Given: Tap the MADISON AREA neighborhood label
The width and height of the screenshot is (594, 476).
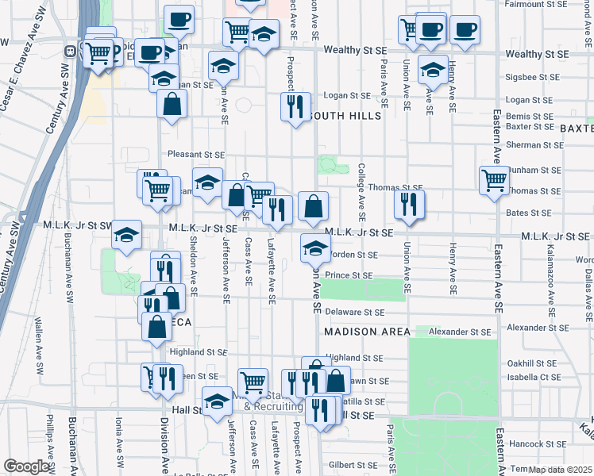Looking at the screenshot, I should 367,332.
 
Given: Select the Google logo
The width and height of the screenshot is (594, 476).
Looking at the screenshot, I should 26,466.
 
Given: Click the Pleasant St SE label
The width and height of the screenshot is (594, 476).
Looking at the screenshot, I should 195,155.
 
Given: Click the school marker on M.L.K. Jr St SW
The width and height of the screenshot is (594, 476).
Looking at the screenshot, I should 126,235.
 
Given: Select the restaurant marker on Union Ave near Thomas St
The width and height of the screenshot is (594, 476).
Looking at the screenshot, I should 409,205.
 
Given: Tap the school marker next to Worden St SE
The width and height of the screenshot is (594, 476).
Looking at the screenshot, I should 315,248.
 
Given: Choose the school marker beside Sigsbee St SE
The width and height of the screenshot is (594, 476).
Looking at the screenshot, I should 432,69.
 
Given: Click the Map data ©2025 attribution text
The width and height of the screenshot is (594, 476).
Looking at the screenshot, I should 560,469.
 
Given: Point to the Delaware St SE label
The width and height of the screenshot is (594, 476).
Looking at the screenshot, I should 354,313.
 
